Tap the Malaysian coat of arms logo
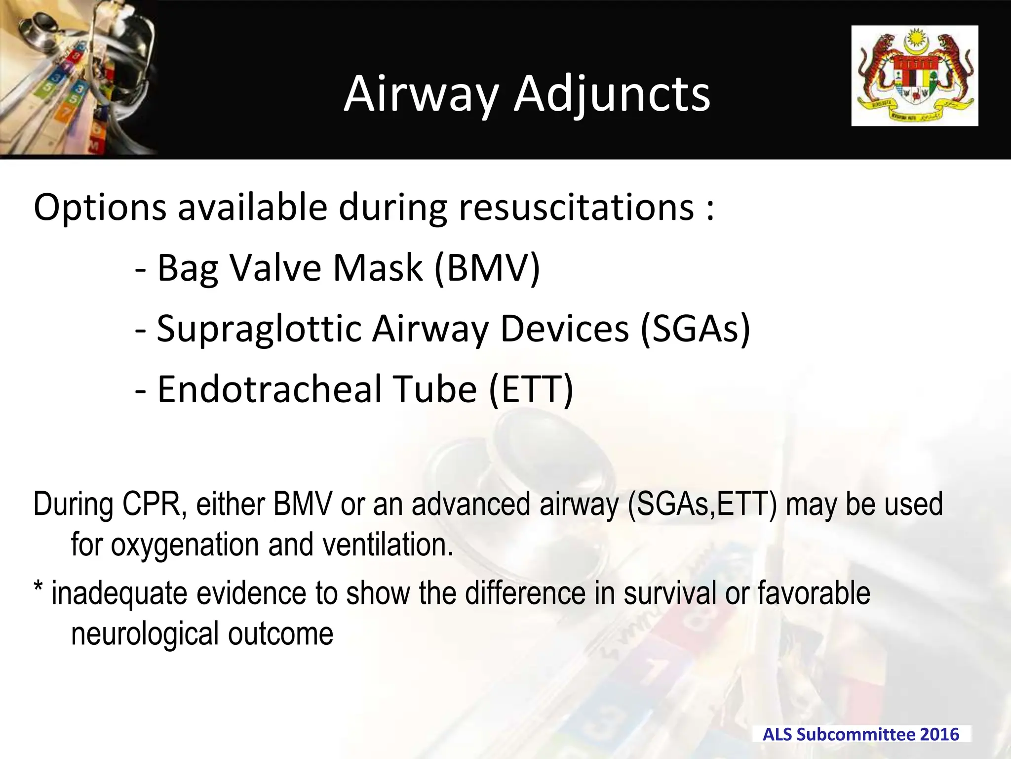pos(914,76)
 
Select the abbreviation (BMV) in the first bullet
pos(487,268)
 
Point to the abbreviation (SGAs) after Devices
pos(695,329)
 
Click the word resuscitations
pos(576,208)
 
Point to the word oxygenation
pos(184,545)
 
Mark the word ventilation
pos(388,545)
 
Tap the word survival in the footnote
pos(669,593)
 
